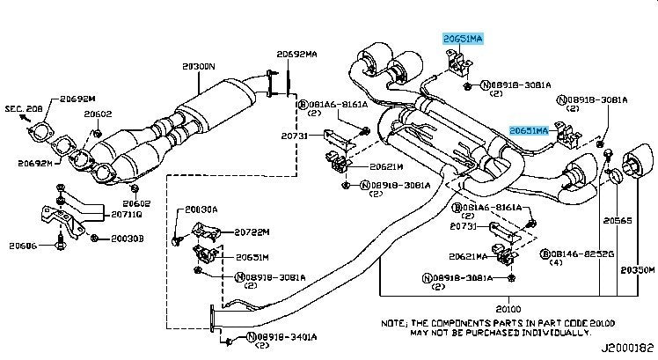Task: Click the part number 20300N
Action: click(x=201, y=66)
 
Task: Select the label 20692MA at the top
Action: click(x=296, y=54)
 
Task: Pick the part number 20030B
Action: click(x=125, y=237)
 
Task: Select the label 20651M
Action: click(x=252, y=257)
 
